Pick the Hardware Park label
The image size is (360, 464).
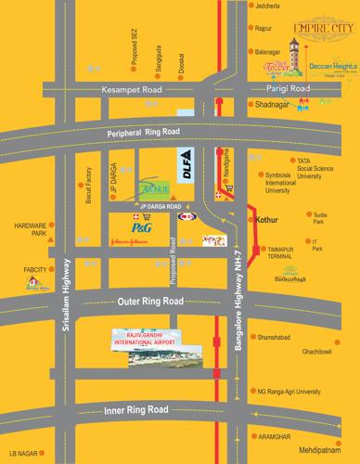tap(31, 229)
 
